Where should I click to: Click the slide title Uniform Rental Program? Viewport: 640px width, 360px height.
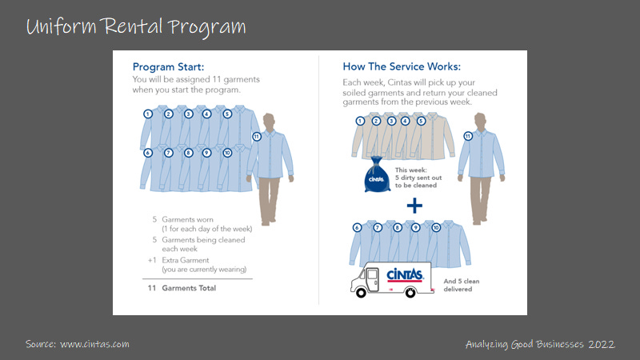(136, 26)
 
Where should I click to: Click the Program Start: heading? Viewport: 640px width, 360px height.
(169, 66)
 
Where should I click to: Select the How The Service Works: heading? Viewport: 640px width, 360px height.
(402, 66)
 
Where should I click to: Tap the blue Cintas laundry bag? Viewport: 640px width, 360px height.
(376, 178)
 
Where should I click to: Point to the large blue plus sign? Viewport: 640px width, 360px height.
(414, 206)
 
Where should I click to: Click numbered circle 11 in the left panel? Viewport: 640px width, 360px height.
(256, 137)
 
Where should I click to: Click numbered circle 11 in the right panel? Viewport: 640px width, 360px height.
(467, 137)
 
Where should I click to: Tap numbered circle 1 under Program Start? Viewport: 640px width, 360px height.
(148, 114)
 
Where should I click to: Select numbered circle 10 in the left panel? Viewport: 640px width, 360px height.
(227, 152)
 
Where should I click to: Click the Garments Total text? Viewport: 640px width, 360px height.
(189, 288)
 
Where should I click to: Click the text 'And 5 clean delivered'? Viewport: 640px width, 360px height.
(458, 286)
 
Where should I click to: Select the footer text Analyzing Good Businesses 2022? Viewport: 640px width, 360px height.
(539, 344)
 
